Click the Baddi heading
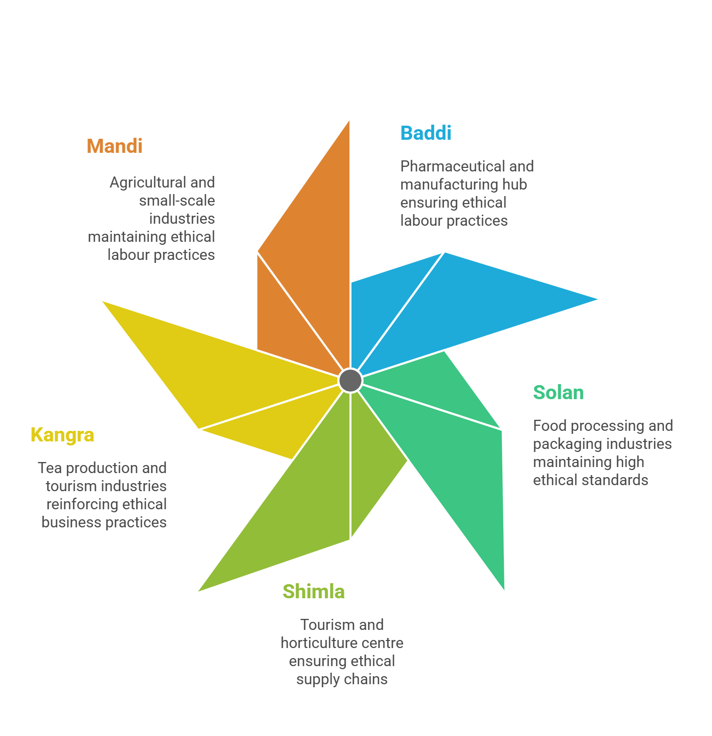[x=425, y=133]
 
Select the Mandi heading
[x=115, y=146]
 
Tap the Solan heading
[x=558, y=393]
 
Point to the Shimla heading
[x=313, y=592]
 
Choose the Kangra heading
[x=62, y=435]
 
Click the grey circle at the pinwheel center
[x=350, y=380]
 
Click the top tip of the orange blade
[x=348, y=123]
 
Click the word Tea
[x=50, y=468]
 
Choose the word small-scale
[x=177, y=201]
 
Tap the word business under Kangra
[x=71, y=522]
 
